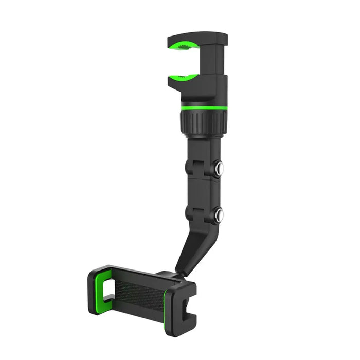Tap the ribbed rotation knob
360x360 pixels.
coord(203,122)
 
